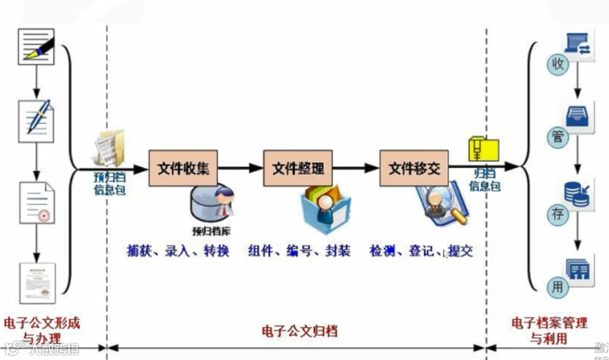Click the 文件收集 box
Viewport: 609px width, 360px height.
[184, 168]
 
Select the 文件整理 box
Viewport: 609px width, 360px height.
[298, 168]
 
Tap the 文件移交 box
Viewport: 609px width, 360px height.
[414, 168]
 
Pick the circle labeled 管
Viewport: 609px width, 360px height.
[557, 136]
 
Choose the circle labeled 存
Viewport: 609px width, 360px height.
[557, 214]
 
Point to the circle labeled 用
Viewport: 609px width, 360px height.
[557, 287]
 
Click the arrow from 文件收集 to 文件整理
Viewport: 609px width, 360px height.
[241, 168]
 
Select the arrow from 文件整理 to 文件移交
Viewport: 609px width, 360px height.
[356, 168]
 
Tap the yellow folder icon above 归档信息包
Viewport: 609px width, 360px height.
[484, 150]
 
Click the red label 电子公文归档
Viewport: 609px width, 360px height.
[299, 331]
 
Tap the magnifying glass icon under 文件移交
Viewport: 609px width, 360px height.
[441, 204]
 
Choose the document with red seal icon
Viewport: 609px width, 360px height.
[37, 202]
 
